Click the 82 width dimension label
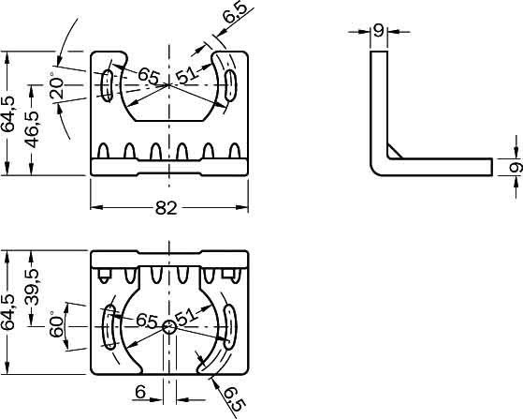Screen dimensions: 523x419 [x=167, y=208]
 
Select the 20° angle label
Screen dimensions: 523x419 [x=56, y=86]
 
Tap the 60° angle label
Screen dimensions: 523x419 [x=56, y=324]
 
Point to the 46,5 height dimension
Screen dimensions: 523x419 [x=33, y=129]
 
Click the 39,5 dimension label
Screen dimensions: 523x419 [x=33, y=288]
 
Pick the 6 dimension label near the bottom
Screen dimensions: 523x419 [x=140, y=392]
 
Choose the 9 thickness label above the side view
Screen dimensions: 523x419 [x=379, y=32]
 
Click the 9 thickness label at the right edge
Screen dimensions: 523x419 [x=516, y=167]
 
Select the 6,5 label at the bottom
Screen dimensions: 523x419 [x=235, y=399]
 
